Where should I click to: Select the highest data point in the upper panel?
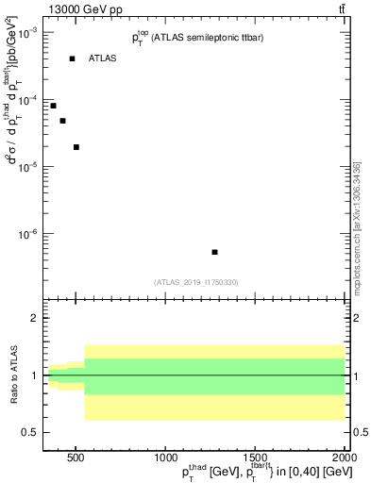[x=72, y=58]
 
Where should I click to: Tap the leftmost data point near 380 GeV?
[x=54, y=106]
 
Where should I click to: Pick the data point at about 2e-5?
[x=76, y=147]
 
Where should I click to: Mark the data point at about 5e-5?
[x=62, y=121]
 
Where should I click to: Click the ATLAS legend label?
[x=102, y=58]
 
